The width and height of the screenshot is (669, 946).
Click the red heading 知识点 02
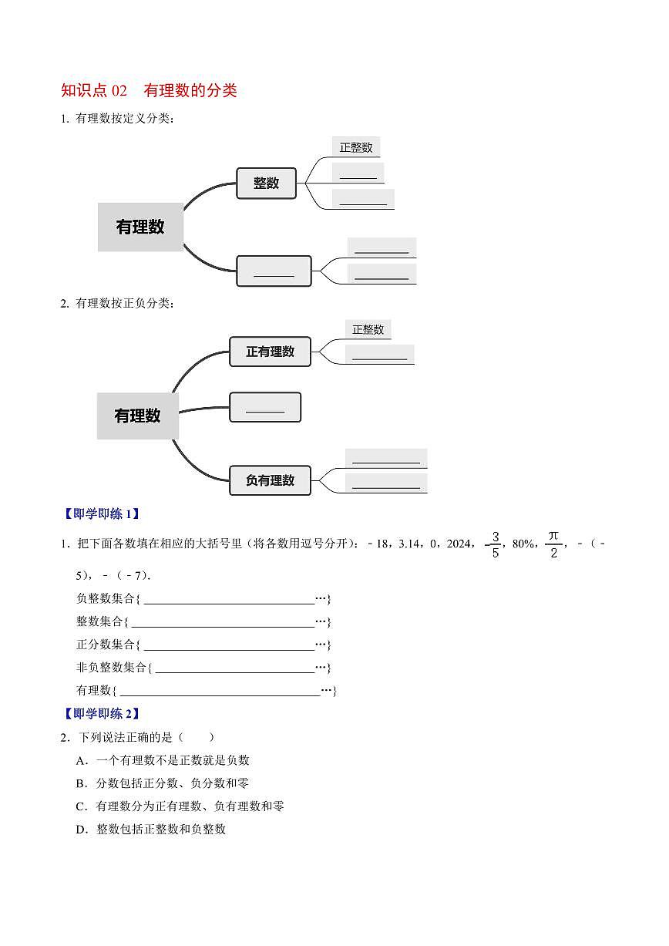pos(94,90)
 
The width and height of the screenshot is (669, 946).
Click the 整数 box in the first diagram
pos(266,183)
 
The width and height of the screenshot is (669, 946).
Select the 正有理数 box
pos(270,352)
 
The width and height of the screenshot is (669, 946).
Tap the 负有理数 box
pos(270,480)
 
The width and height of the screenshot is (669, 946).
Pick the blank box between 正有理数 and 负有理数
pos(265,407)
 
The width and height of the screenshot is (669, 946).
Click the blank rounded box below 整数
pos(274,271)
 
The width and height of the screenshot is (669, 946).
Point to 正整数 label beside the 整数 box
pos(356,147)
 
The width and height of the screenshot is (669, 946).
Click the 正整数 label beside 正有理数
pos(368,329)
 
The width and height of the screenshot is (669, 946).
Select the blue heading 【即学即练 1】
pos(100,513)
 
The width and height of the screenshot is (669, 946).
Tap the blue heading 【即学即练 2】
pos(100,713)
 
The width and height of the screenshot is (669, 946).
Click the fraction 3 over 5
pos(494,544)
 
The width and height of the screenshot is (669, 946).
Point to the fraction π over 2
pos(553,544)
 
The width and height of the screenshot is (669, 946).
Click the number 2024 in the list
pos(459,544)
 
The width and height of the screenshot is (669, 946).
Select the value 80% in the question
pos(523,544)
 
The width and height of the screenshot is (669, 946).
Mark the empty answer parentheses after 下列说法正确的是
pos(197,737)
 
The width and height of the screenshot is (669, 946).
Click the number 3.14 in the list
pos(410,544)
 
